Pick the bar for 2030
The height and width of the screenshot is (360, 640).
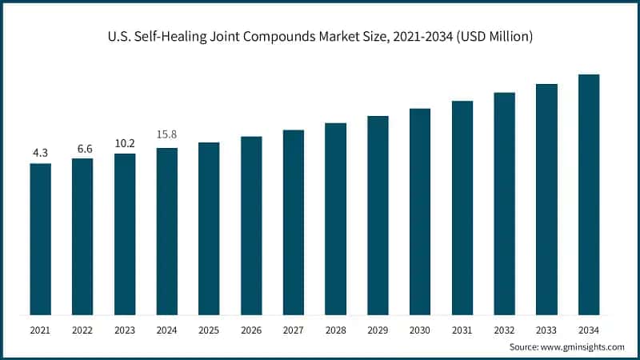click(420, 211)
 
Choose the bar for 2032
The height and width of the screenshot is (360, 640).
click(504, 203)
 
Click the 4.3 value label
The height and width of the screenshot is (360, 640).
click(40, 152)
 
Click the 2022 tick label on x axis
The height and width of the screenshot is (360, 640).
click(82, 329)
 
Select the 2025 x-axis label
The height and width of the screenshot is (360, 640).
click(209, 329)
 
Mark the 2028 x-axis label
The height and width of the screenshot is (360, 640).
click(335, 329)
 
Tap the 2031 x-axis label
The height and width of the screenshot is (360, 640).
click(462, 329)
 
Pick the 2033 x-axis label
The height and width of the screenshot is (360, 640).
click(546, 329)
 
